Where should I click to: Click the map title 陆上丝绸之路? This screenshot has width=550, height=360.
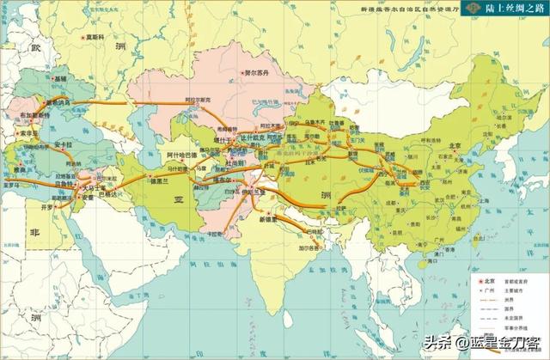pos(507,9)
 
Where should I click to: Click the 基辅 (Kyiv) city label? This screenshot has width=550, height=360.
pos(60,78)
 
